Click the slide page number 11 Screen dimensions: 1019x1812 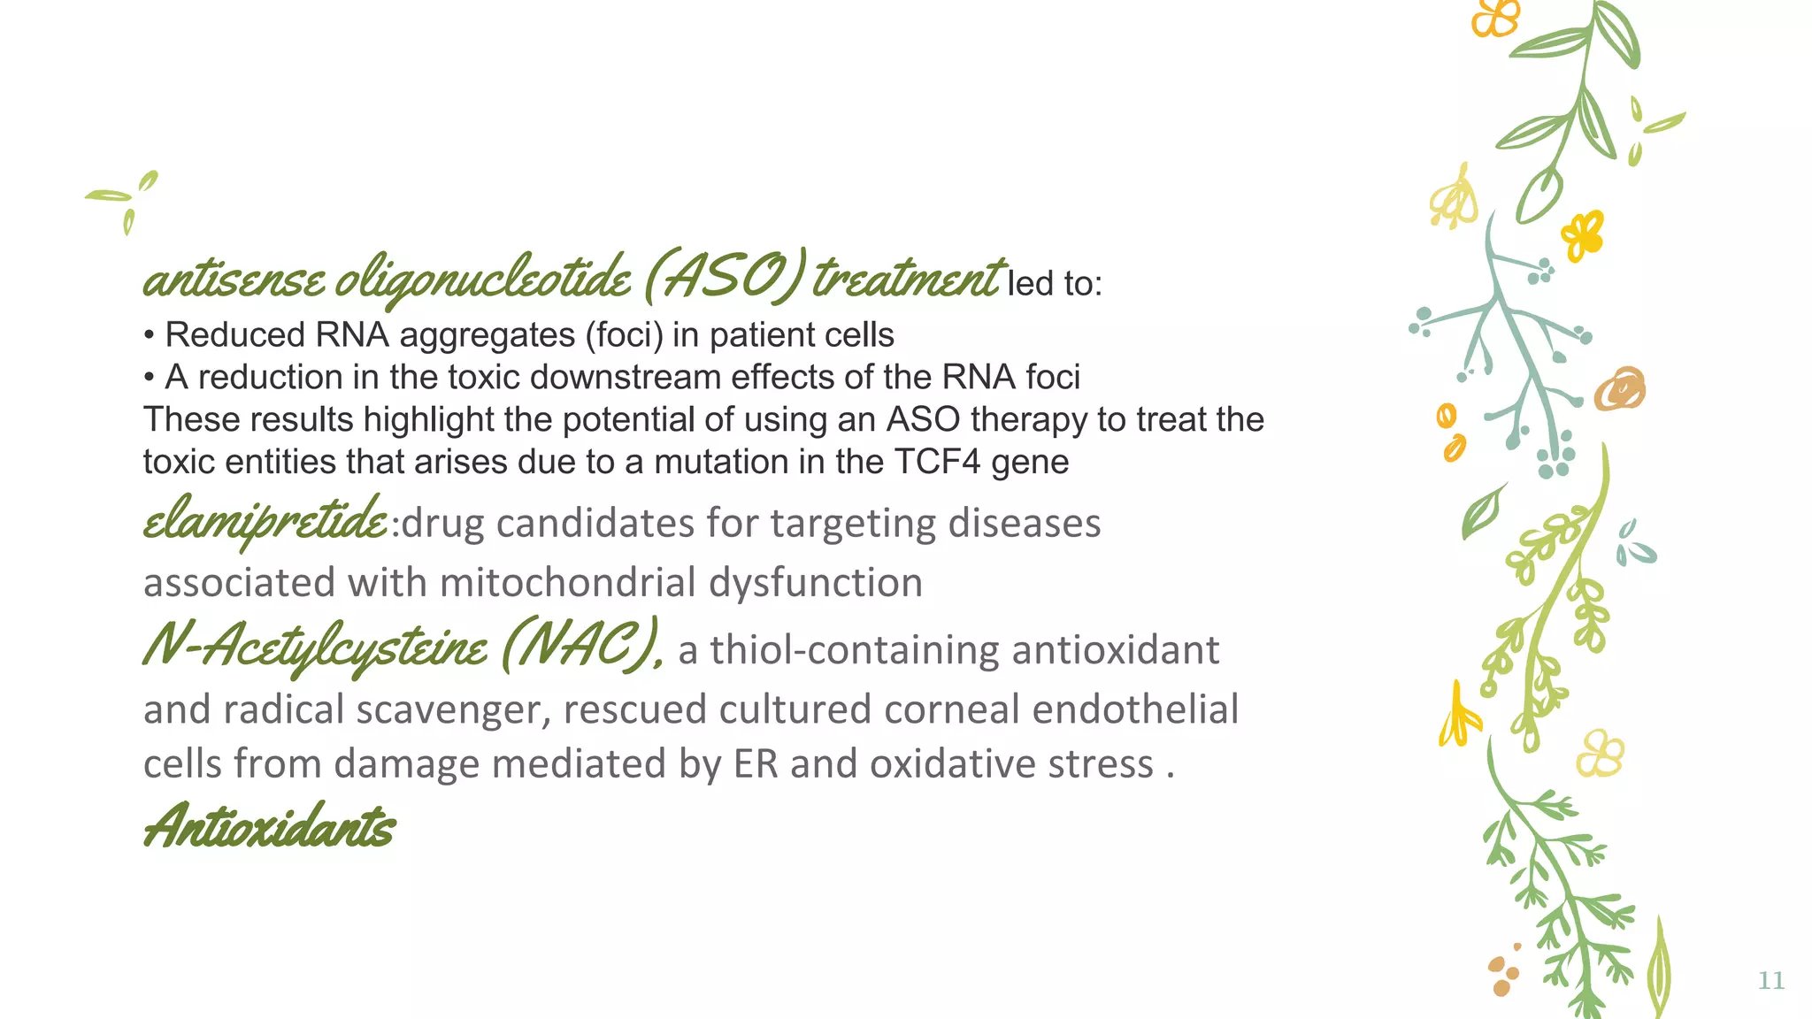pyautogui.click(x=1770, y=980)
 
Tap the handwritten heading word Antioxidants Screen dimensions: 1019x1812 pyautogui.click(x=269, y=827)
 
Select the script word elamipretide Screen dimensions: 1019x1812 pyautogui.click(x=265, y=522)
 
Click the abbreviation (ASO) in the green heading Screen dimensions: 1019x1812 pyautogui.click(x=725, y=278)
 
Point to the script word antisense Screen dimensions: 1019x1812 pyautogui.click(x=234, y=280)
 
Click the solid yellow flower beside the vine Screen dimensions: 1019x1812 pyautogui.click(x=1582, y=234)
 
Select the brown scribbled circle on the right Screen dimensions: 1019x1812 pyautogui.click(x=1620, y=389)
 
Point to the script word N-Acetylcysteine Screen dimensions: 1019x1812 pyautogui.click(x=314, y=647)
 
